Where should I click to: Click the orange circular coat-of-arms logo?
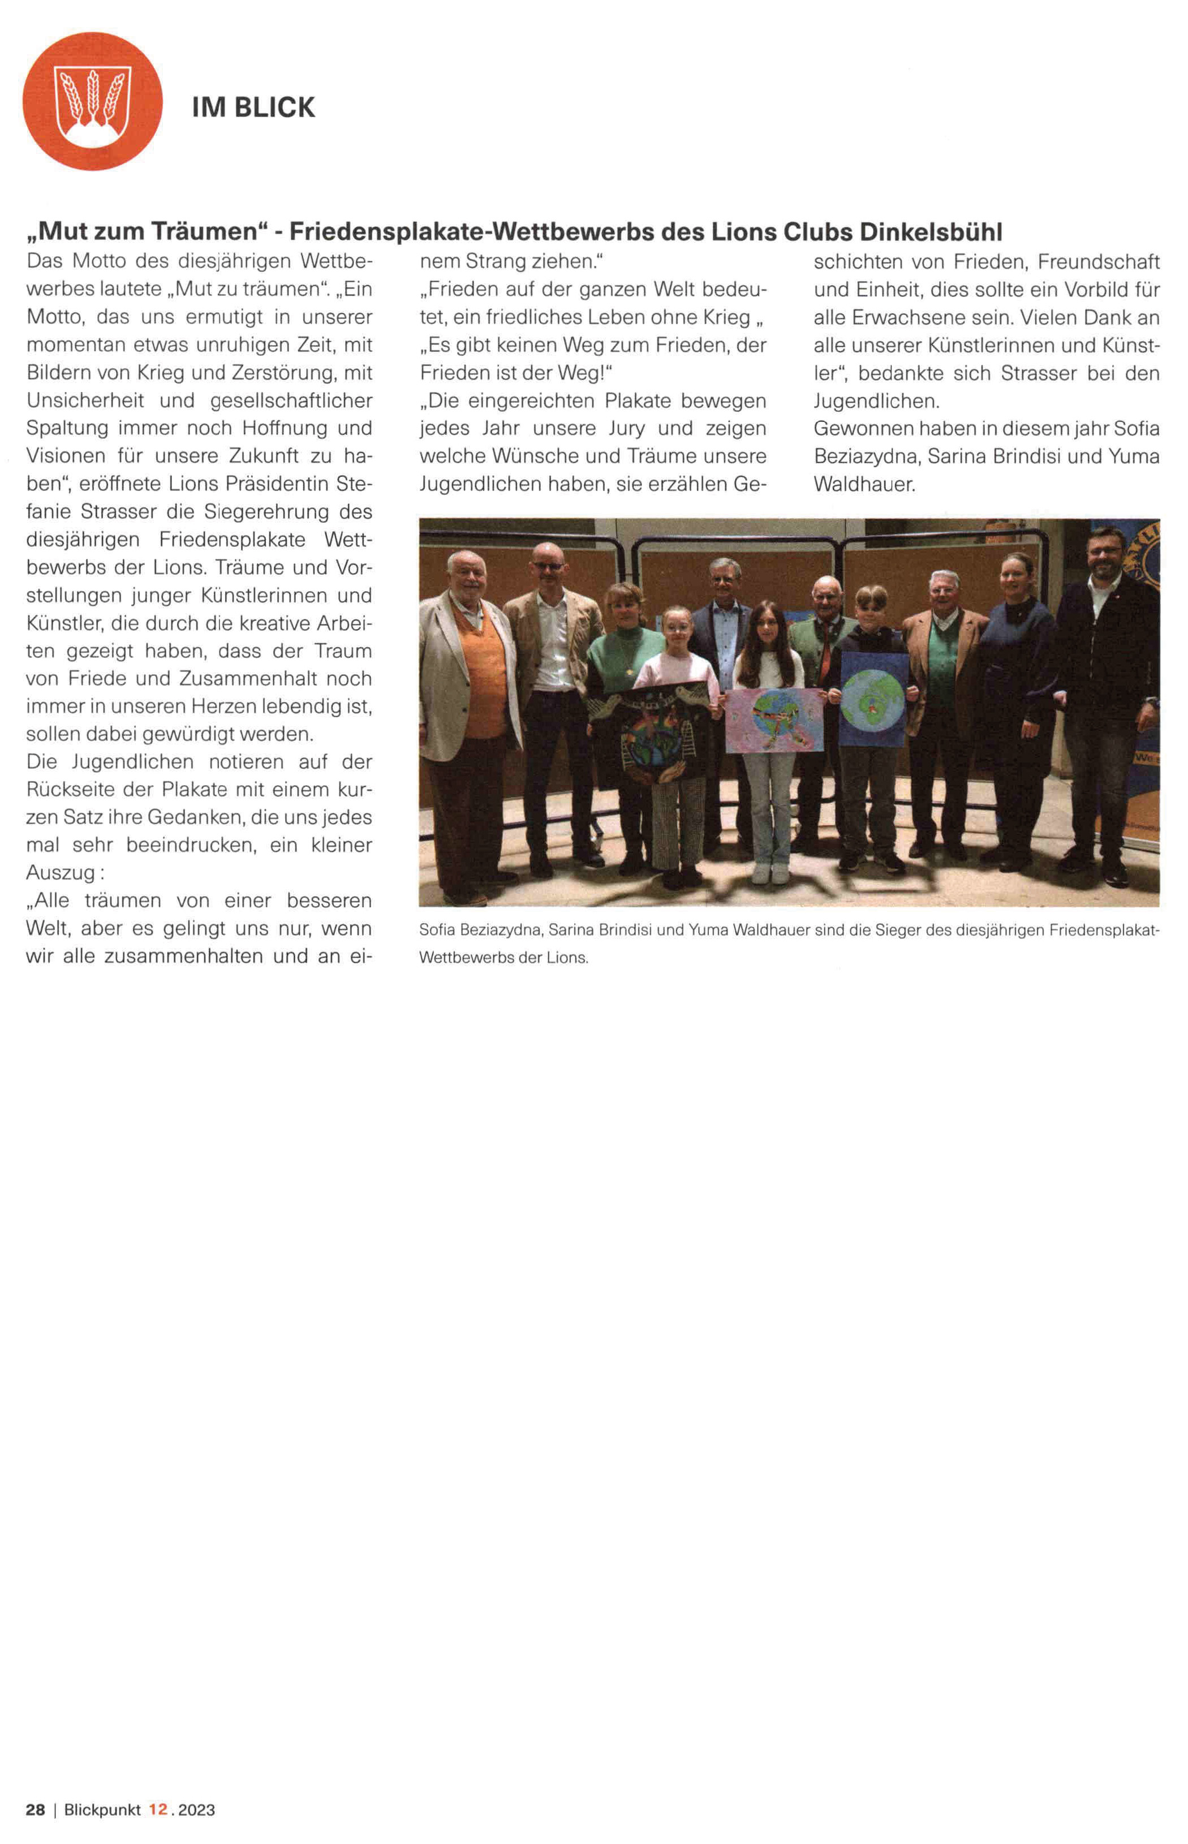click(x=93, y=101)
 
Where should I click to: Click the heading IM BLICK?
click(x=253, y=107)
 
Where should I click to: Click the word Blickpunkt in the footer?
click(x=102, y=1810)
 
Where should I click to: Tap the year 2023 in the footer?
click(x=197, y=1810)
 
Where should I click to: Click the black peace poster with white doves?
click(x=651, y=732)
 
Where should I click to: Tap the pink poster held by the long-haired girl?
click(x=774, y=719)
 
